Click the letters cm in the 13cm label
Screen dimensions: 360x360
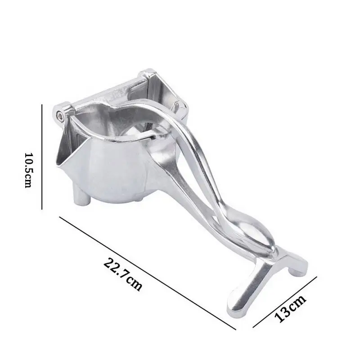(x=297, y=303)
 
